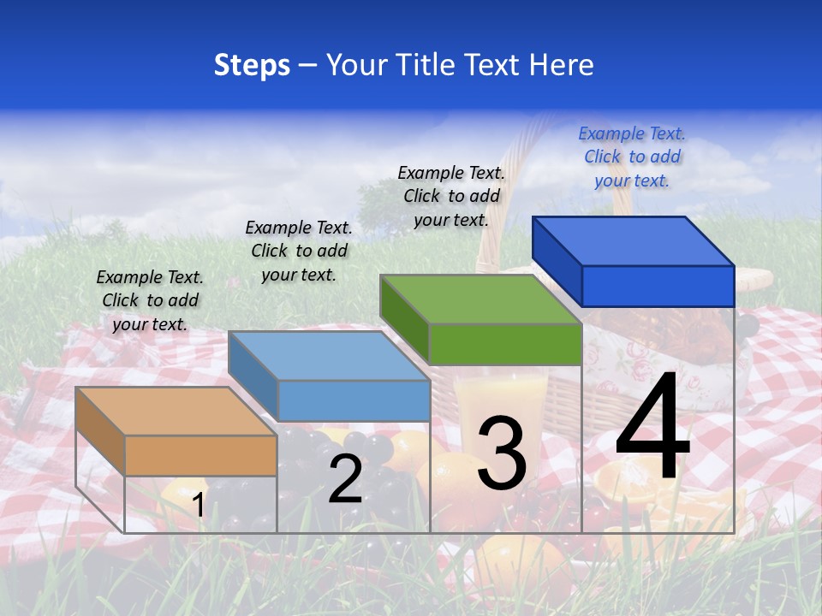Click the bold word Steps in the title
252,65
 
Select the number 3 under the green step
502,453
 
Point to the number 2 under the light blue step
345,479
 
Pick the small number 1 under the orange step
198,506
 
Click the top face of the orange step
176,412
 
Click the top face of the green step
479,299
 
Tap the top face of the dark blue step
633,240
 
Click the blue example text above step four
632,157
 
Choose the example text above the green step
451,196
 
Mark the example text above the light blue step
299,251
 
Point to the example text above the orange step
150,300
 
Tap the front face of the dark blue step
658,286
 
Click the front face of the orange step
200,455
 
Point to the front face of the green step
505,345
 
